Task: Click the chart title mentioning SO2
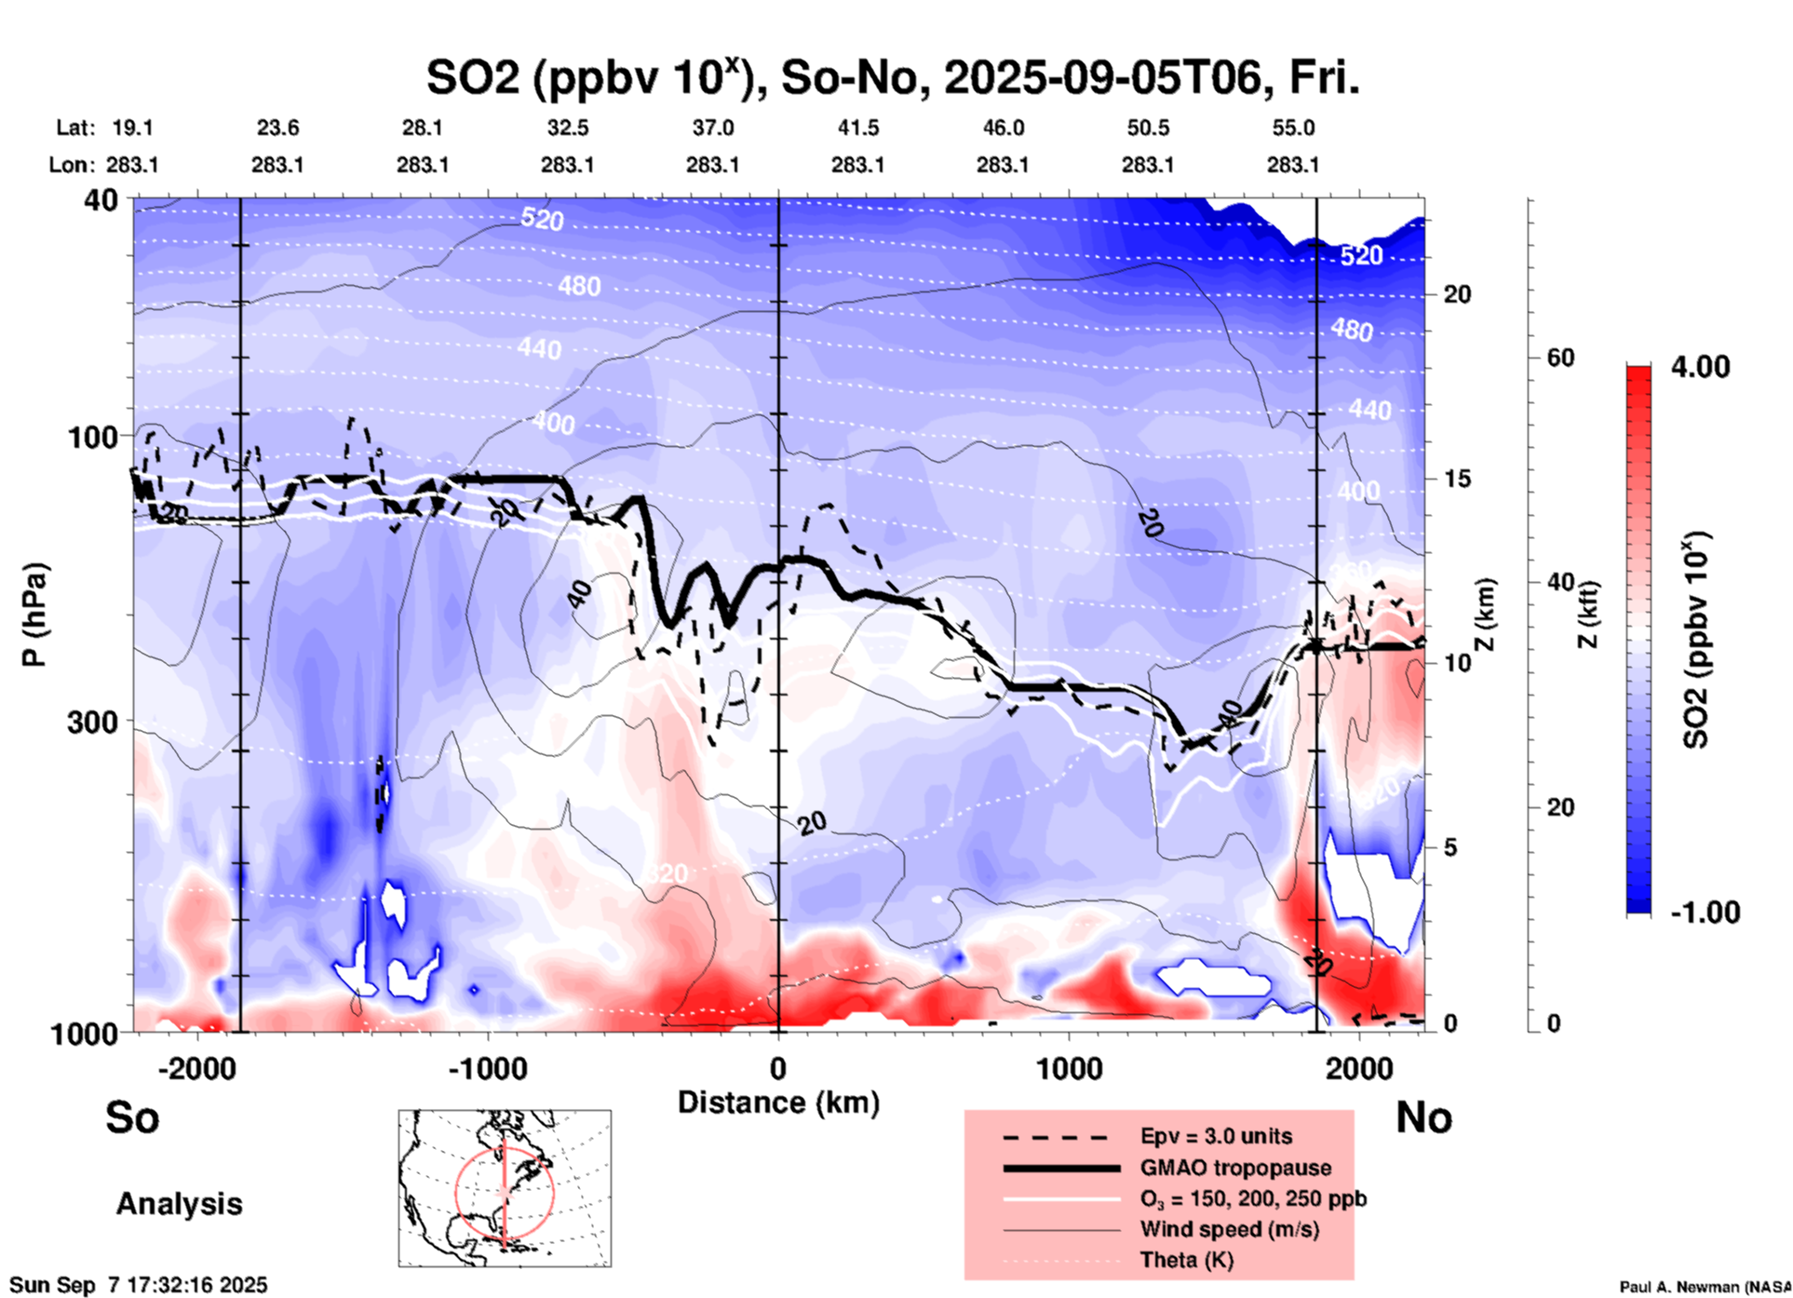coord(892,78)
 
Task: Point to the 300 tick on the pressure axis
coord(92,722)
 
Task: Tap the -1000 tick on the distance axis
coord(487,1068)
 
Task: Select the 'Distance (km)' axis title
coord(778,1102)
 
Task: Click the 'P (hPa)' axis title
coord(34,615)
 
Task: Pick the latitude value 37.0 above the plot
coord(713,128)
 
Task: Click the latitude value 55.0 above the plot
coord(1293,128)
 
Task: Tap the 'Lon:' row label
coord(72,165)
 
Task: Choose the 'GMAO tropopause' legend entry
coord(1235,1168)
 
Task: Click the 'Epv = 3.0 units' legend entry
coord(1216,1136)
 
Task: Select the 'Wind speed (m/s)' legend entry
coord(1229,1229)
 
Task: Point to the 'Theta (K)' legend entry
coord(1186,1260)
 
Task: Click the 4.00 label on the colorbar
coord(1700,367)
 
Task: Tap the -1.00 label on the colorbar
coord(1705,912)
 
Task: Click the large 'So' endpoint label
coord(132,1116)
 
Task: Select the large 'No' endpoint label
coord(1423,1116)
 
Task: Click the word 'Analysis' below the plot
coord(179,1203)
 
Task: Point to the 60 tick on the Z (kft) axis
coord(1560,358)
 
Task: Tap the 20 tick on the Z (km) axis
coord(1457,294)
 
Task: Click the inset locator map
coord(505,1187)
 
